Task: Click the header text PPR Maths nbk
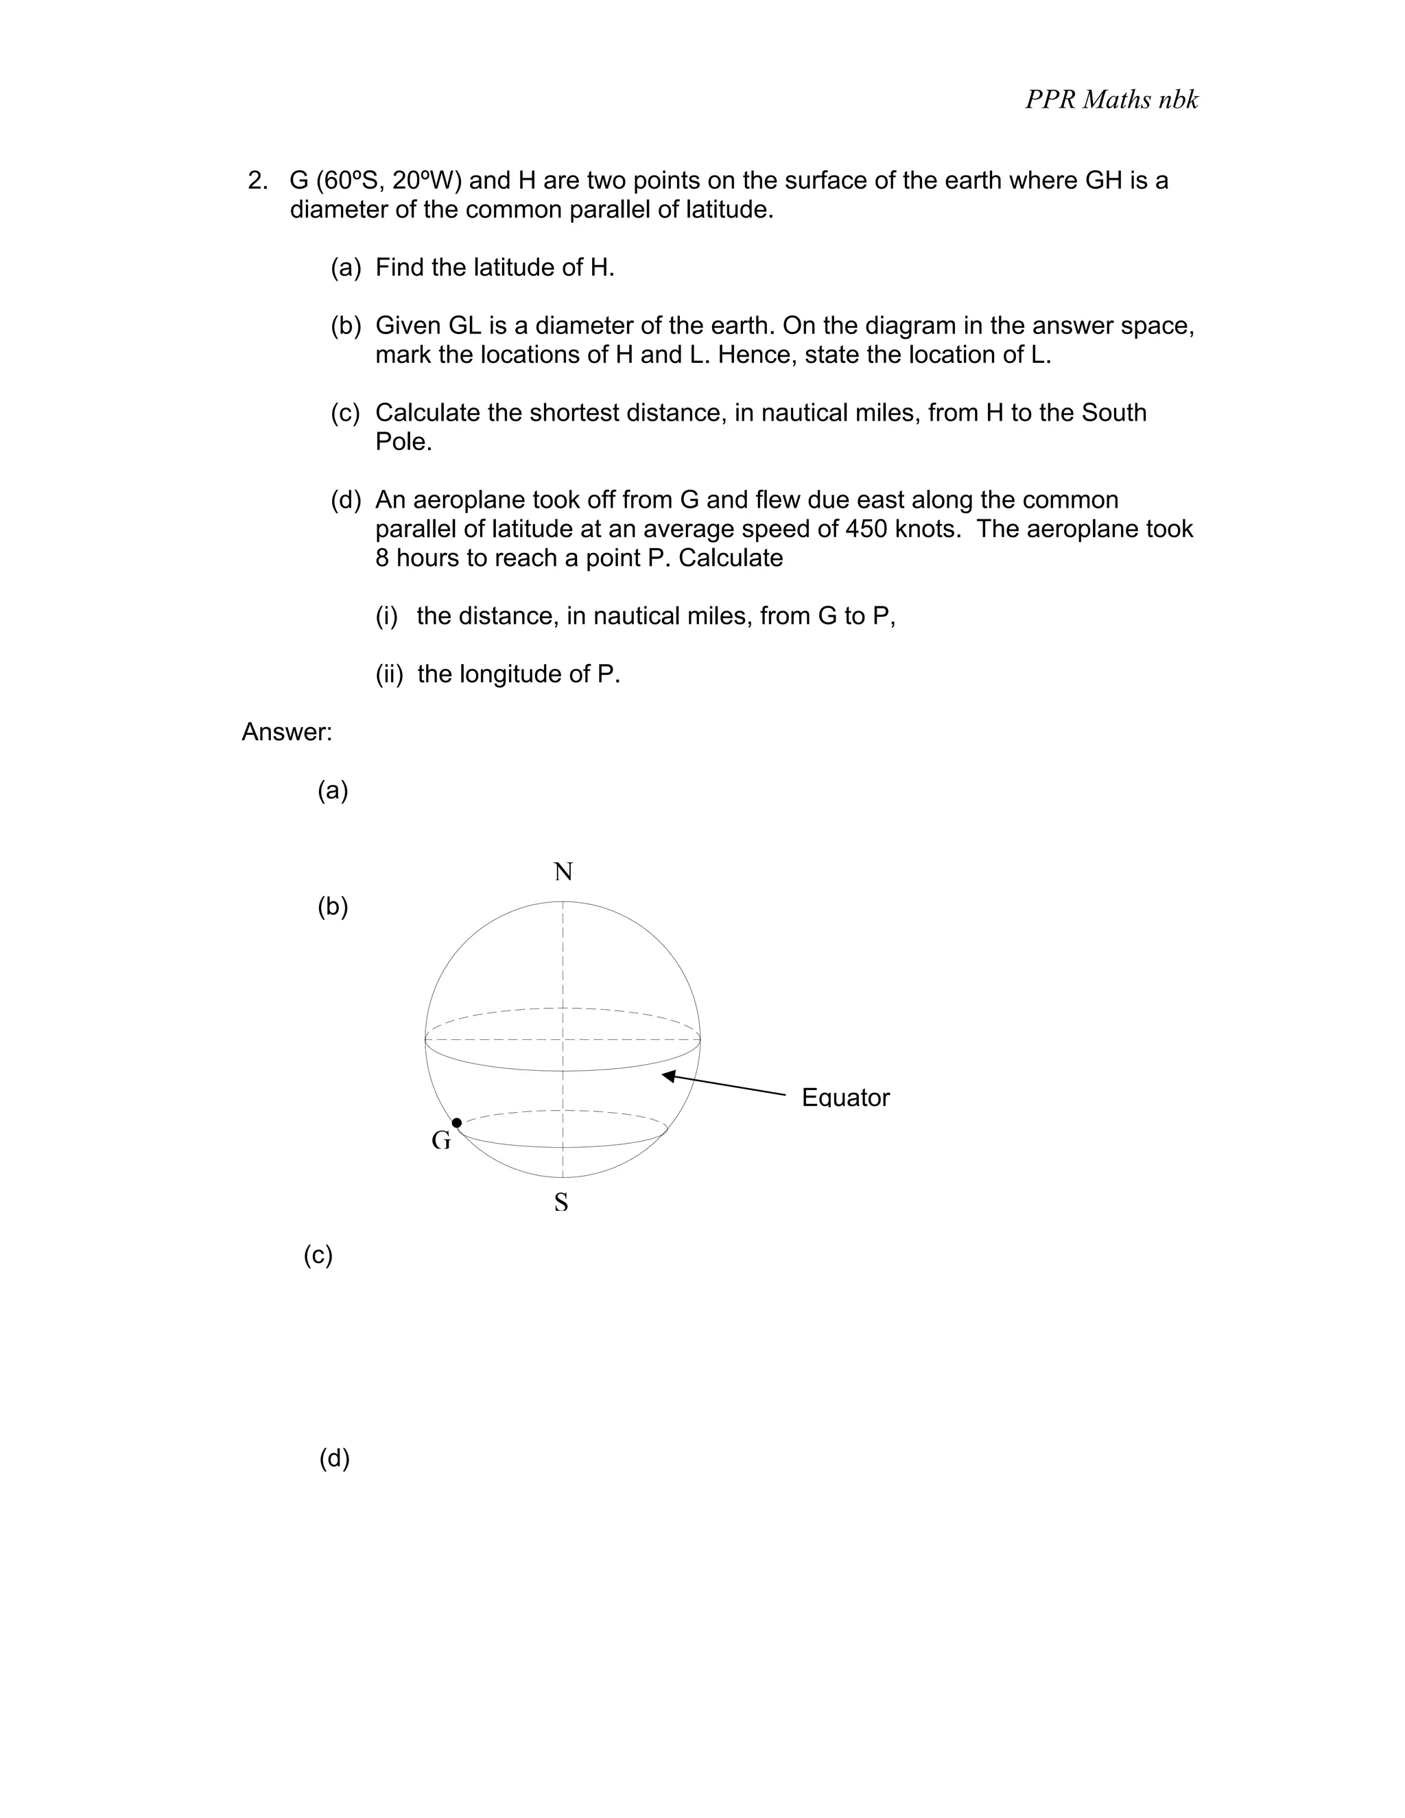1111,100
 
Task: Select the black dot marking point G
456,1123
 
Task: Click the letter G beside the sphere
440,1140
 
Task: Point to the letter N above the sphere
563,871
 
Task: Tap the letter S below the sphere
561,1203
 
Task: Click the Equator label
845,1098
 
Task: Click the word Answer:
286,733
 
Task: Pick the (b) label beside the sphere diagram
332,906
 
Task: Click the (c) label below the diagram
317,1255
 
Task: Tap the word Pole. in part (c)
403,442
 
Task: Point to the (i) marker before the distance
386,616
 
